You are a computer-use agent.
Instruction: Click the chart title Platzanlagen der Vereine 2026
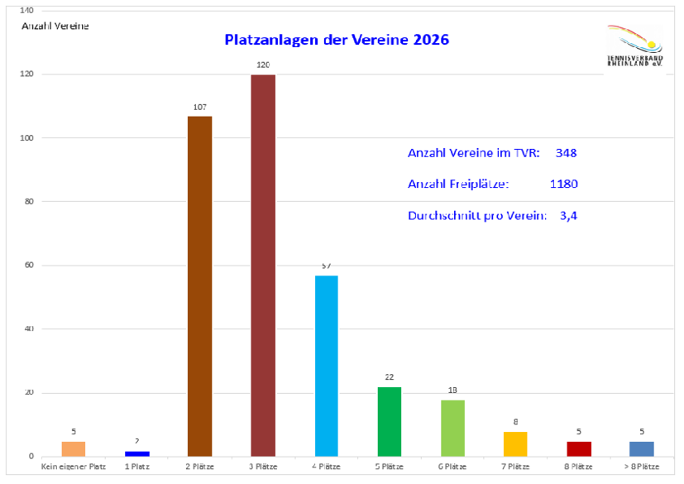(x=337, y=39)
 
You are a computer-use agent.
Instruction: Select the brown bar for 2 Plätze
(x=200, y=285)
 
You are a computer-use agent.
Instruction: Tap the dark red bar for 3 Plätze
(x=263, y=265)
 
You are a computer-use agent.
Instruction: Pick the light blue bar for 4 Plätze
(x=326, y=365)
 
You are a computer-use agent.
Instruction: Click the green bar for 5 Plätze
(x=389, y=421)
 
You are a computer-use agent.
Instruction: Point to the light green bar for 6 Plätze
(x=452, y=428)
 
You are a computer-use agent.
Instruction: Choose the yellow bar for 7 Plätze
(x=514, y=443)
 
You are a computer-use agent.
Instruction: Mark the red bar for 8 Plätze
(x=577, y=448)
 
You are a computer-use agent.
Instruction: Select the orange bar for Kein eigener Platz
(x=74, y=448)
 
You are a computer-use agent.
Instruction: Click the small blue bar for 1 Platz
(x=137, y=453)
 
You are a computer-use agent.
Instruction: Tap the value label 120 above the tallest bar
(x=263, y=63)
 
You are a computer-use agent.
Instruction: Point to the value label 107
(x=200, y=106)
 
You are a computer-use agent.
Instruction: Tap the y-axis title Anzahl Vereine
(x=55, y=26)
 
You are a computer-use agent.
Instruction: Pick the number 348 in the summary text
(x=566, y=153)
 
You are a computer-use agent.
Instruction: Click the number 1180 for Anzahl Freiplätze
(x=563, y=184)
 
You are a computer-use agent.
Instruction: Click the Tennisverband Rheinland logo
(x=634, y=46)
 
